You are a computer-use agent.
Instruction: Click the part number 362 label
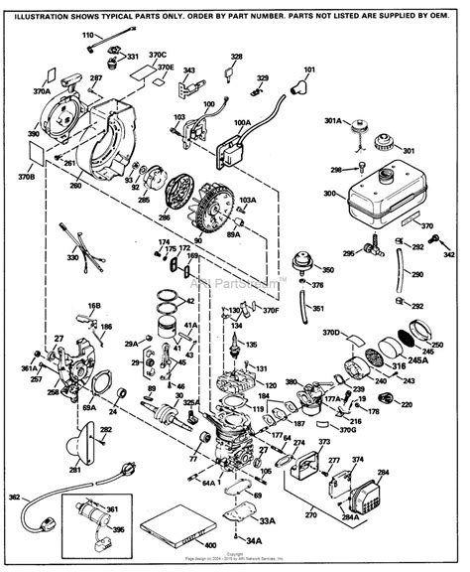[14, 497]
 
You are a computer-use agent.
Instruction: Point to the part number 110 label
[113, 35]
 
